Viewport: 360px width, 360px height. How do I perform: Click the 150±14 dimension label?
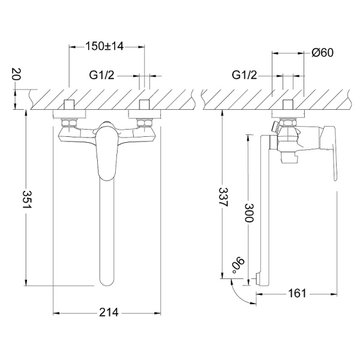pos(104,46)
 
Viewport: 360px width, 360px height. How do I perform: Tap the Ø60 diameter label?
pos(323,53)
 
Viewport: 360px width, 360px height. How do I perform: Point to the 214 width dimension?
pos(109,313)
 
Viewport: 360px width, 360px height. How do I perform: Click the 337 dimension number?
pos(223,197)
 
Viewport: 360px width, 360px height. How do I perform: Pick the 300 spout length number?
pos(248,212)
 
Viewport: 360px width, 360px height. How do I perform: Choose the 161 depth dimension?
pos(297,293)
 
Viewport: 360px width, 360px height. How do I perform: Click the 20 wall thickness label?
pos(16,74)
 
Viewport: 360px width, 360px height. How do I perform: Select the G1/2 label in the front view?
pos(102,75)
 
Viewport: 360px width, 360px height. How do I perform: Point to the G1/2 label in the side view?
pos(245,75)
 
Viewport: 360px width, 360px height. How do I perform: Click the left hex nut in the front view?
pos(69,122)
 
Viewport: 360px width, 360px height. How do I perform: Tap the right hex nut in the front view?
pos(145,122)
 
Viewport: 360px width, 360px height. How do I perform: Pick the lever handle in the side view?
pos(329,152)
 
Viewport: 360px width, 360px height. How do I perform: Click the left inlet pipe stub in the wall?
pos(69,105)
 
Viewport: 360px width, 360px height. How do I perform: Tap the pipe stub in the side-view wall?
pos(288,105)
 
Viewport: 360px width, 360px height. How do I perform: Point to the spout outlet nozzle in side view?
pos(258,279)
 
